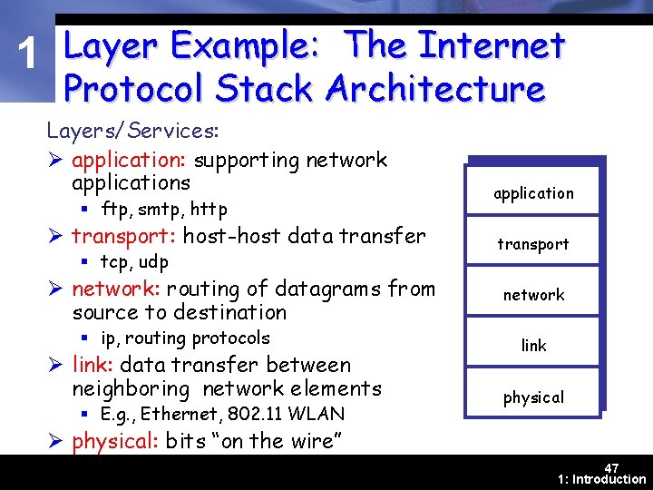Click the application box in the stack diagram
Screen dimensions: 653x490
(x=533, y=192)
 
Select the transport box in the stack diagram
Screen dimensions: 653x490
(x=533, y=243)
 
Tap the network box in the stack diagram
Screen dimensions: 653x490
(x=533, y=294)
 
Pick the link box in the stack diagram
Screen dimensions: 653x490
(x=533, y=345)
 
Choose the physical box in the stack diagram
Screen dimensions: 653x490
(x=533, y=397)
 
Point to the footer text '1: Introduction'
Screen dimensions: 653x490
(x=602, y=479)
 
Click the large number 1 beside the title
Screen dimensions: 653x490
(x=30, y=57)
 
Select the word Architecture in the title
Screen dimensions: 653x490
(x=435, y=89)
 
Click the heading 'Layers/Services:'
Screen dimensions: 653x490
(x=132, y=131)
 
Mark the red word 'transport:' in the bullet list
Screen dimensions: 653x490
(x=124, y=237)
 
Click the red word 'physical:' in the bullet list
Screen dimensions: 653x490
(x=116, y=442)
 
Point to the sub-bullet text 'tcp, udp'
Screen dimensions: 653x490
(x=134, y=262)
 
